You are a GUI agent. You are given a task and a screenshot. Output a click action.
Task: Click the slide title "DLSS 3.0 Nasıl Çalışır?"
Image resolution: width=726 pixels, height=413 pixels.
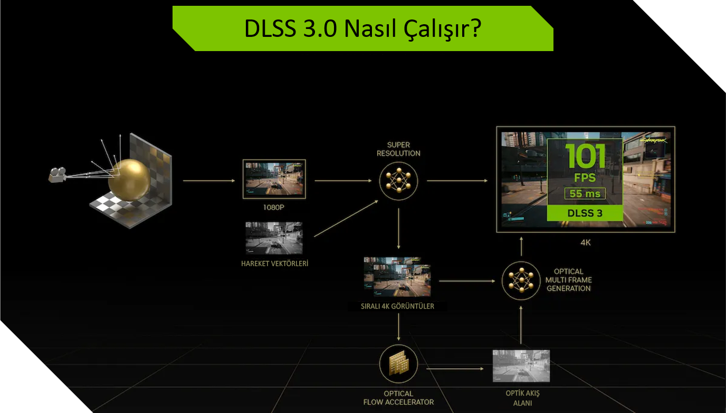[x=362, y=29]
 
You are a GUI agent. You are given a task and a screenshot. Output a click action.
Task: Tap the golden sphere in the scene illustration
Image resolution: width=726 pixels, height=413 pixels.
[x=129, y=179]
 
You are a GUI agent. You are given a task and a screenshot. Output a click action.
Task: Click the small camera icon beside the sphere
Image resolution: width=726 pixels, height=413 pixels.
[x=58, y=174]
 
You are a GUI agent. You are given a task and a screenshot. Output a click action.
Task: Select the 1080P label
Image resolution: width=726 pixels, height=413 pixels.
[x=274, y=207]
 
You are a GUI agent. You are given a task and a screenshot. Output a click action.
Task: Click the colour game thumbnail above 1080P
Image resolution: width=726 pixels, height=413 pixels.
[x=274, y=179]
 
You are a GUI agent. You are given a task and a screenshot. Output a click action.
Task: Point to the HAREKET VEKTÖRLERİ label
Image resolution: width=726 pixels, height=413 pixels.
[x=274, y=263]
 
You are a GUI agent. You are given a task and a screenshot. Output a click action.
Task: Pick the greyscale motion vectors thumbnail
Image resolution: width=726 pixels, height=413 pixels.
[x=274, y=238]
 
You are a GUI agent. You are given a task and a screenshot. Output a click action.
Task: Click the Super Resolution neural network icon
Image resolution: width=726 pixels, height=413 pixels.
[x=398, y=181]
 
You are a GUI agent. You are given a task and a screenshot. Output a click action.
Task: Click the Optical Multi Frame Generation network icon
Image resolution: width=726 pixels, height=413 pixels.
[x=521, y=280]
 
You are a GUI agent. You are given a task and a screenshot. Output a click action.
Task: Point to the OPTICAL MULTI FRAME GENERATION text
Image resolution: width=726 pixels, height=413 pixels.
[x=568, y=280]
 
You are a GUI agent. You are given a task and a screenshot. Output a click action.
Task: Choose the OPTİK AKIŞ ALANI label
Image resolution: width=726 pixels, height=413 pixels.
[x=522, y=398]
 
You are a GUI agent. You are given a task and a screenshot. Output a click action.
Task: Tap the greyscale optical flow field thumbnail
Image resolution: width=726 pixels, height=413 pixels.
[x=521, y=366]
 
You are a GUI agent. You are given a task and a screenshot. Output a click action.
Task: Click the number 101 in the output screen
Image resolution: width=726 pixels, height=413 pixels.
[x=585, y=156]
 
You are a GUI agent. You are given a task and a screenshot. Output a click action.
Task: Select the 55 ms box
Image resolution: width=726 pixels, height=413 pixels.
[x=585, y=194]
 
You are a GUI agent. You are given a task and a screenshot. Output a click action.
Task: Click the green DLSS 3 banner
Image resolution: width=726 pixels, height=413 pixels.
[x=585, y=213]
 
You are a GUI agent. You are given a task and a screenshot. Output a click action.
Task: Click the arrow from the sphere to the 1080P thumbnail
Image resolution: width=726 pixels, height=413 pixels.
[x=208, y=181]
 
